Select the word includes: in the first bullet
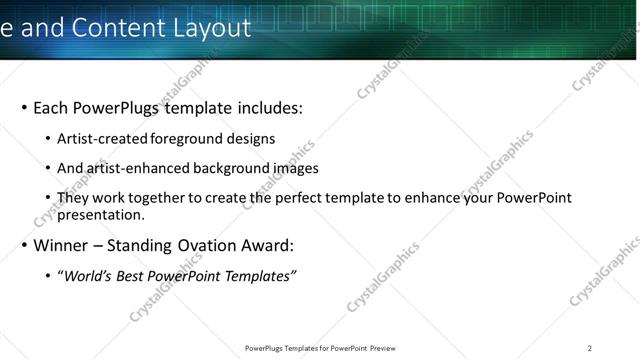click(268, 108)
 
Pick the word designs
click(250, 139)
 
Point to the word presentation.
click(101, 214)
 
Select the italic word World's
click(88, 276)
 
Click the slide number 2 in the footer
click(590, 348)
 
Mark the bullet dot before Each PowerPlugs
click(24, 108)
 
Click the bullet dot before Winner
click(24, 245)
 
